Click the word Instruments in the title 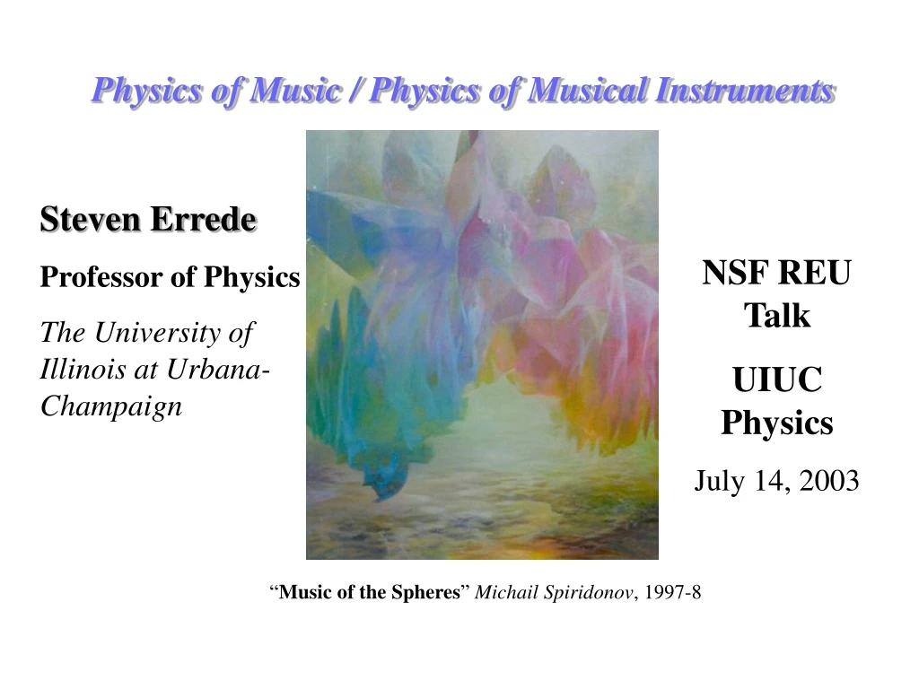tap(744, 91)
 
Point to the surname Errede tap(204, 219)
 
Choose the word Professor tap(101, 276)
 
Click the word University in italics tap(156, 332)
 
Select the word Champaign tap(111, 407)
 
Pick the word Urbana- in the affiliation tap(218, 369)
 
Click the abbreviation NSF tap(736, 273)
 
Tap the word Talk tap(777, 316)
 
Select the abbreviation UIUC tap(777, 379)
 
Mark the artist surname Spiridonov tap(588, 593)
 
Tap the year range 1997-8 tap(672, 592)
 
